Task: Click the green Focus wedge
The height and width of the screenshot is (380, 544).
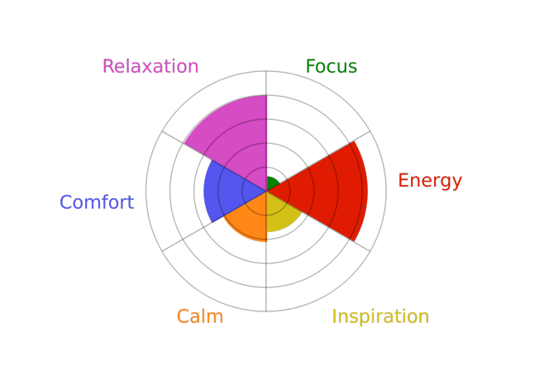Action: (x=272, y=183)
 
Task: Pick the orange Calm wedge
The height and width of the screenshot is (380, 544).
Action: (x=248, y=218)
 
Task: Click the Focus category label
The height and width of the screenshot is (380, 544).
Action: (x=332, y=66)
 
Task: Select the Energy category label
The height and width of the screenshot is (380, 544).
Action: (x=430, y=181)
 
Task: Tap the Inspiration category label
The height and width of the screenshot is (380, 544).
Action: (x=380, y=316)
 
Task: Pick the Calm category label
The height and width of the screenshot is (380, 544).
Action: (x=200, y=316)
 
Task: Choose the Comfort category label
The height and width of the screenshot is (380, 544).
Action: (x=97, y=202)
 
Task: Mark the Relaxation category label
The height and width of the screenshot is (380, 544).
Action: (x=150, y=66)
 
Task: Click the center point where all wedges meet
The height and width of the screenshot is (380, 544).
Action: (x=266, y=191)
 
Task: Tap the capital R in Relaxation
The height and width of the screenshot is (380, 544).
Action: (x=108, y=66)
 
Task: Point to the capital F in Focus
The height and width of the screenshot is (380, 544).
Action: (x=311, y=66)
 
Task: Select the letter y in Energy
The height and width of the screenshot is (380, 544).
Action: (x=456, y=183)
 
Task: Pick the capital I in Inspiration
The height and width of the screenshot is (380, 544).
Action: (x=335, y=316)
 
